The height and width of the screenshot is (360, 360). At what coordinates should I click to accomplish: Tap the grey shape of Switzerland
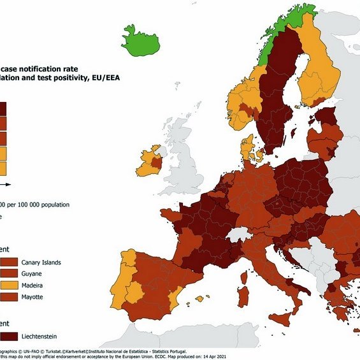(239, 233)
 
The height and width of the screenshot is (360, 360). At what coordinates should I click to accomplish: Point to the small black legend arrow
(4, 183)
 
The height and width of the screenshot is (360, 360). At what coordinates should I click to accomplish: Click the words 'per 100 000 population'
(38, 205)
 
